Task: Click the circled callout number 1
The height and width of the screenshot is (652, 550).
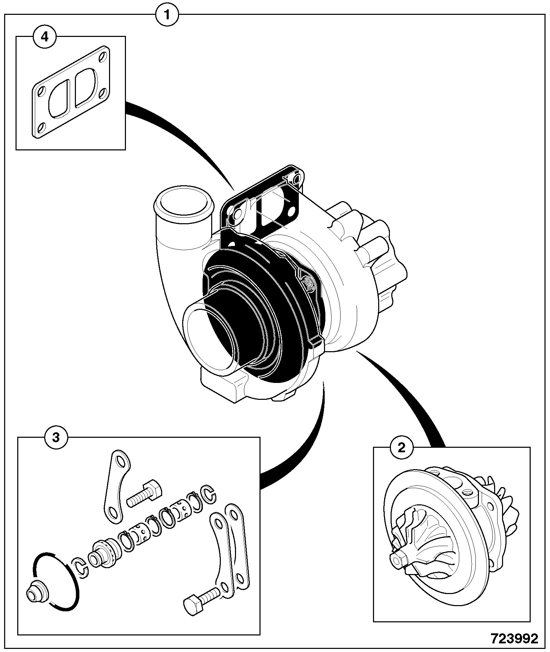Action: click(x=167, y=15)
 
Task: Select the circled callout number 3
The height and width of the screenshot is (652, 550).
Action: click(x=56, y=438)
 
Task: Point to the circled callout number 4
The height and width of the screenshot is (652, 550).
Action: click(x=45, y=37)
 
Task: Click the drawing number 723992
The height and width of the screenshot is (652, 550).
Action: click(x=515, y=639)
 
